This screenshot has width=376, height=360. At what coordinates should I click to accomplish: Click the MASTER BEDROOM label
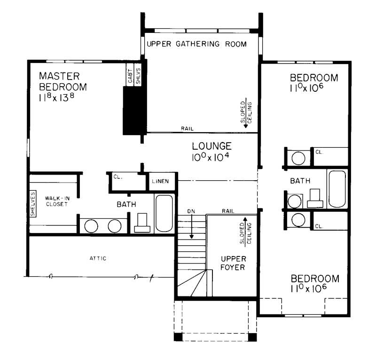(x=63, y=81)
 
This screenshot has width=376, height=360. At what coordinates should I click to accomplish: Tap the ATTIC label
(x=98, y=258)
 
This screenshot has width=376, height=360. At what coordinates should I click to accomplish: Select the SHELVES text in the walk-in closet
(x=33, y=204)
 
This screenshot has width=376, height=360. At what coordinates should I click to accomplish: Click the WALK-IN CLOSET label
(x=57, y=201)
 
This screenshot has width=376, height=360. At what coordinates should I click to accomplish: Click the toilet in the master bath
(x=142, y=223)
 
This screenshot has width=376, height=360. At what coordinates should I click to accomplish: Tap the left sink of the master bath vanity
(x=91, y=226)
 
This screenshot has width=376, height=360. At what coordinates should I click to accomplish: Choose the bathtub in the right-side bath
(x=337, y=189)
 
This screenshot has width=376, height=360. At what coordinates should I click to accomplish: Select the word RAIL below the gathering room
(x=187, y=129)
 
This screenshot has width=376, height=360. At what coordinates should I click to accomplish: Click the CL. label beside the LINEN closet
(x=117, y=176)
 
